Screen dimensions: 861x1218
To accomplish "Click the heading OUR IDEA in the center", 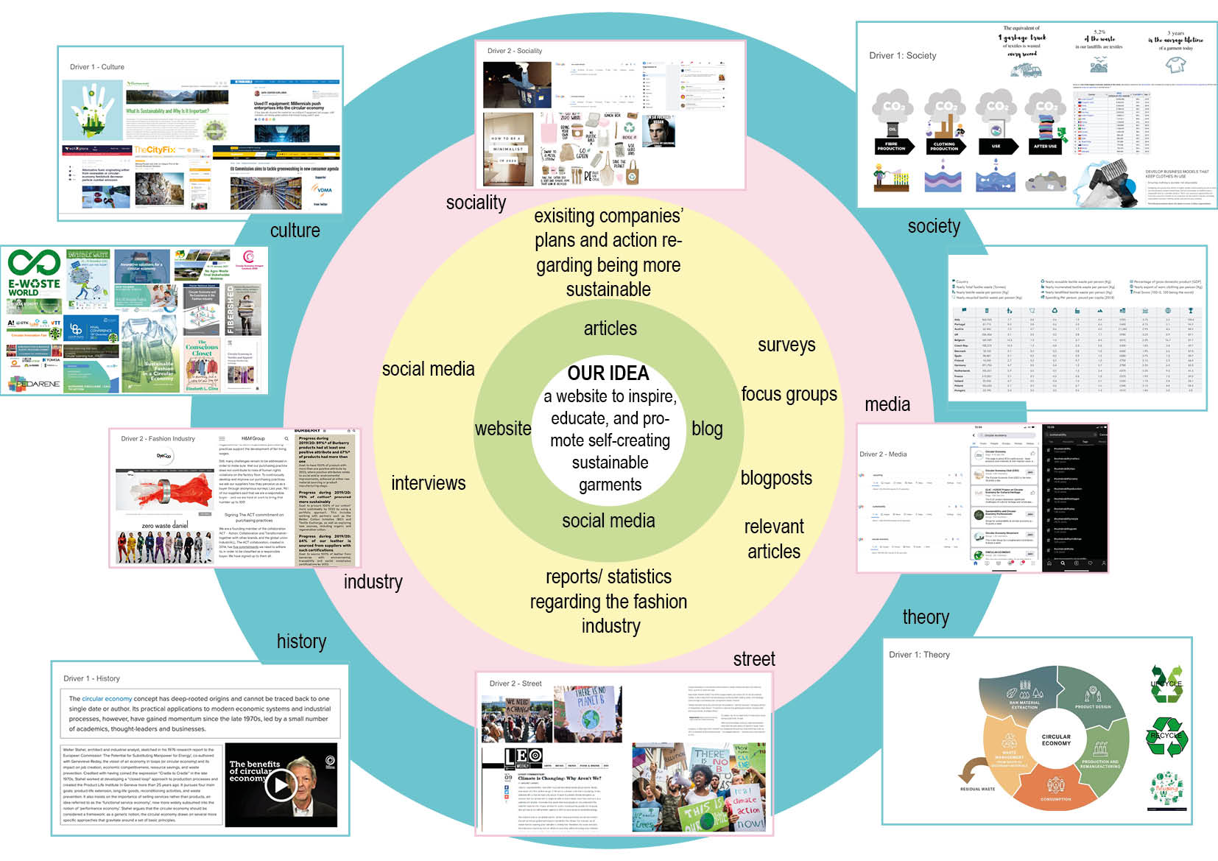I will tap(608, 373).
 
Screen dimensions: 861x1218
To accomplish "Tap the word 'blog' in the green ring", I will tap(707, 429).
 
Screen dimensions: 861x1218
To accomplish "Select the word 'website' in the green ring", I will tap(503, 429).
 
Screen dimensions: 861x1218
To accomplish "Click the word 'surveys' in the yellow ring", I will tap(786, 345).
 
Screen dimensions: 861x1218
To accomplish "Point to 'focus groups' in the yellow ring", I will tap(789, 394).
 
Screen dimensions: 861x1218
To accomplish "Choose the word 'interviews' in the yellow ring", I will tap(429, 483).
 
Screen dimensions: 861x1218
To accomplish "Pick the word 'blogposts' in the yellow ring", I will tap(776, 478).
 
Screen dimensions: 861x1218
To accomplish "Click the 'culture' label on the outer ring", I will tap(295, 231).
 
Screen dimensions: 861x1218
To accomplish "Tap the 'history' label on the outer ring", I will tap(301, 642).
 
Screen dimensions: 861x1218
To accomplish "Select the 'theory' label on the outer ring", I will tap(926, 617).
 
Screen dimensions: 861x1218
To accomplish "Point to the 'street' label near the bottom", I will tap(754, 659).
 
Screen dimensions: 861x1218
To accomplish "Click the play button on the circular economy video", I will tap(280, 785).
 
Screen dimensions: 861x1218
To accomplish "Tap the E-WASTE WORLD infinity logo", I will tap(34, 263).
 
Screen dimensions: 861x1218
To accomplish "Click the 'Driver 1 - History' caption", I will tap(91, 678).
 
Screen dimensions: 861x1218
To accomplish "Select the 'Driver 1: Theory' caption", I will tap(919, 655).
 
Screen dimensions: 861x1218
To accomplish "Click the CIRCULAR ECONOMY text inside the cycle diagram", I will tap(1056, 739).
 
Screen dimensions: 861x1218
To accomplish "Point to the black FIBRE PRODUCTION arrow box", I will tap(891, 147).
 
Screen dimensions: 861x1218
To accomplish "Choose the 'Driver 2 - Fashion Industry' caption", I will tap(158, 439).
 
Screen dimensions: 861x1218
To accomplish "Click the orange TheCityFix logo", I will tap(155, 150).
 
